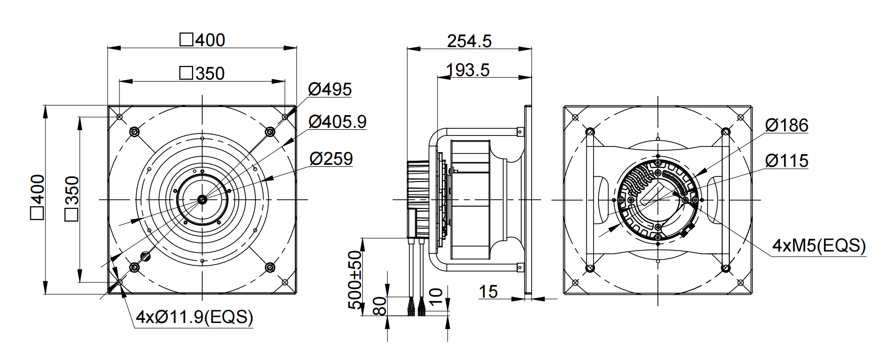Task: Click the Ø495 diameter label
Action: (x=329, y=89)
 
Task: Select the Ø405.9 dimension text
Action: (x=337, y=122)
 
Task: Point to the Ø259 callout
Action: (x=331, y=159)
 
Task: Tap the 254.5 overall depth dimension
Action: (x=469, y=41)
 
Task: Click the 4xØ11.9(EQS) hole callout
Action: (x=195, y=317)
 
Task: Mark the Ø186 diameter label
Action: (x=787, y=125)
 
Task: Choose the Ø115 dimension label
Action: (x=787, y=161)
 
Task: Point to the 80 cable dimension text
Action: (x=380, y=306)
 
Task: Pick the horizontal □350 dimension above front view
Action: (x=202, y=74)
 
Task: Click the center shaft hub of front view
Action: (x=202, y=199)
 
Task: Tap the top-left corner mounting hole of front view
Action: (x=120, y=117)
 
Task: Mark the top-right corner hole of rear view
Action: (x=739, y=117)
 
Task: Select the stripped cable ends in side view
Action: (x=416, y=307)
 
